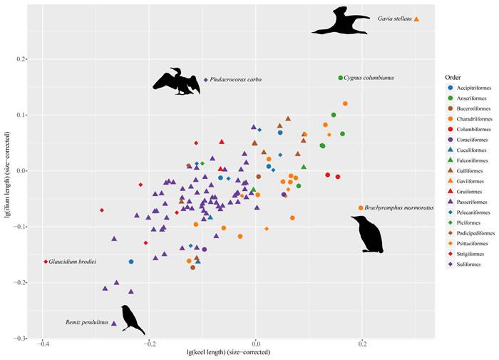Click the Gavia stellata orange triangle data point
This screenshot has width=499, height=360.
416,19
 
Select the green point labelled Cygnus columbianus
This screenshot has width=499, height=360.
340,78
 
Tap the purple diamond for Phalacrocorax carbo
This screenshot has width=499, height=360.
206,80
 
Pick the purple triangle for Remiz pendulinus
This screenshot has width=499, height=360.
114,324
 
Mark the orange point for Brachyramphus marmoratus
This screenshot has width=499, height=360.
361,208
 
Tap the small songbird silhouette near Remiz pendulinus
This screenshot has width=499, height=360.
132,319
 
